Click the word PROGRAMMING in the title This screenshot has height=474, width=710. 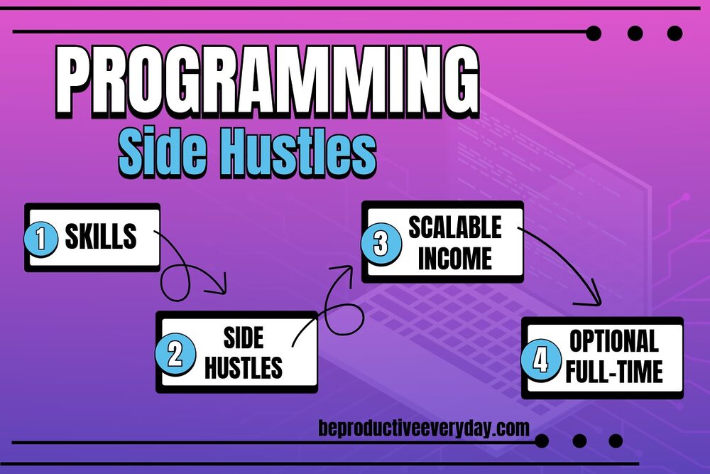(x=266, y=80)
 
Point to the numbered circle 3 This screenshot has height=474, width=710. (x=381, y=244)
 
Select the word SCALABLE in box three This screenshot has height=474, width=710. (x=454, y=227)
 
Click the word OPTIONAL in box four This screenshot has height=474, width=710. (x=613, y=342)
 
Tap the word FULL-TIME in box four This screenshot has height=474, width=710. (x=613, y=372)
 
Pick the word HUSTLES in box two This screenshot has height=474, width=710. (x=243, y=368)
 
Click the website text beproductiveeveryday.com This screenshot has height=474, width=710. (x=425, y=429)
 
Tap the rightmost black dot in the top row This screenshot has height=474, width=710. (x=674, y=33)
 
